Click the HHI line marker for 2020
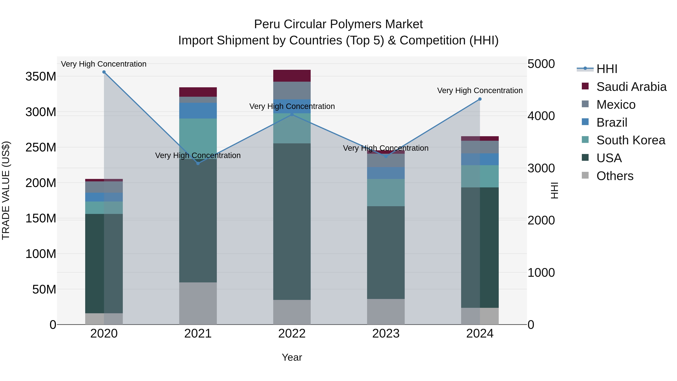(104, 72)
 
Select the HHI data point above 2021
(198, 164)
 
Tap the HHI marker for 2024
(480, 99)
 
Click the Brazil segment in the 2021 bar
(198, 111)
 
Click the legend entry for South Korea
(631, 140)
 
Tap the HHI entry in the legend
(606, 69)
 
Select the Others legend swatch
(585, 175)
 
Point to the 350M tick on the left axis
(41, 77)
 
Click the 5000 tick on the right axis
(541, 64)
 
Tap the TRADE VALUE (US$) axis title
(6, 190)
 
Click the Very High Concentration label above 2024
(480, 90)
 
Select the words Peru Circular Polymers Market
(338, 24)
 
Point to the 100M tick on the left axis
(41, 254)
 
